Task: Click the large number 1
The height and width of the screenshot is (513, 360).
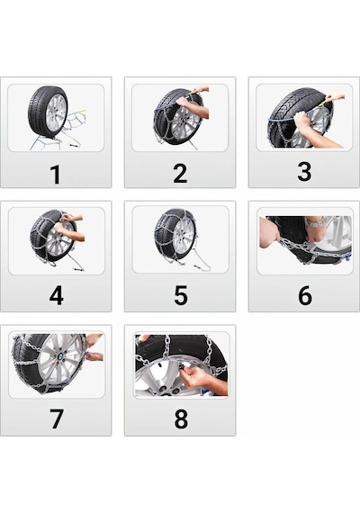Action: [55, 174]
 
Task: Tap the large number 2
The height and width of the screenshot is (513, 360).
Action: [180, 174]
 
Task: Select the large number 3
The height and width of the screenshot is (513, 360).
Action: [304, 172]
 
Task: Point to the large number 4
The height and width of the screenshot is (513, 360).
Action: [57, 295]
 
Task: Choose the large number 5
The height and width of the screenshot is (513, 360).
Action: [181, 295]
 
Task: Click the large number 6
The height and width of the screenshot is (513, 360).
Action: [305, 295]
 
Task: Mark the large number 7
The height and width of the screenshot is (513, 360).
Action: [57, 419]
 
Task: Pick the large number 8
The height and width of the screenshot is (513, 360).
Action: [181, 419]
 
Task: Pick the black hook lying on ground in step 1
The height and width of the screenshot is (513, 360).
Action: [75, 144]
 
